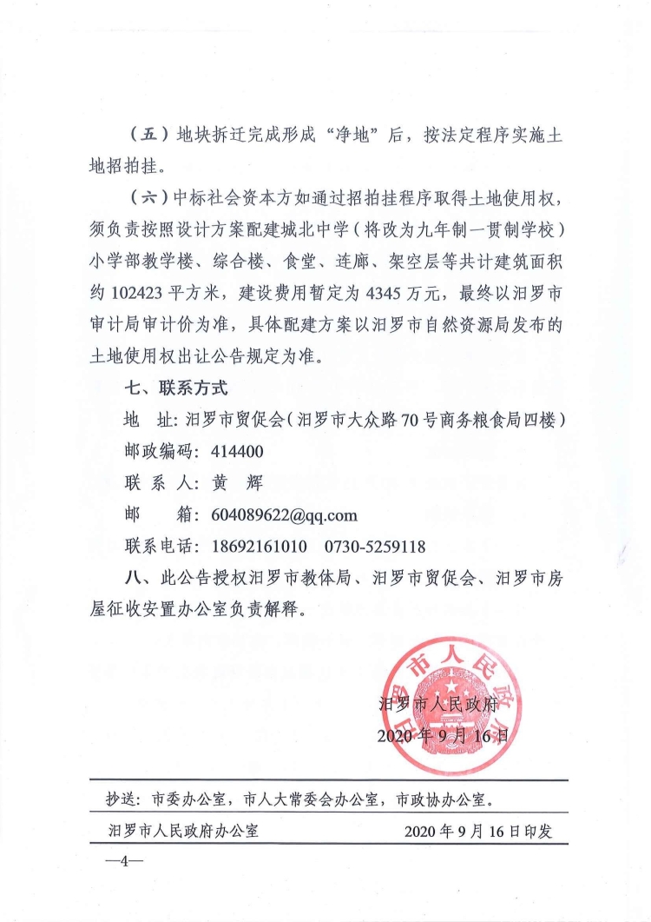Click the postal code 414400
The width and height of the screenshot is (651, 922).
tap(237, 452)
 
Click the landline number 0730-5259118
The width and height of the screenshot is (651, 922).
tap(375, 547)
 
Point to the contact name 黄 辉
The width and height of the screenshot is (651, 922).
tap(236, 483)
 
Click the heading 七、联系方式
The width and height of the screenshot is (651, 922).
tap(176, 388)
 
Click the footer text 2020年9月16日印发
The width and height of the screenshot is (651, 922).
tap(479, 831)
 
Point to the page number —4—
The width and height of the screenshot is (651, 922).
tap(123, 863)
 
